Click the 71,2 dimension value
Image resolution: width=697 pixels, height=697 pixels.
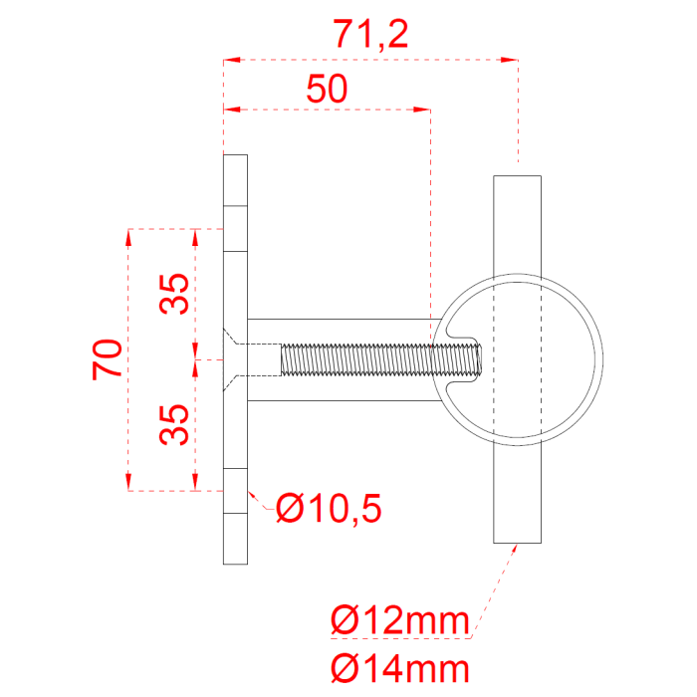coord(371,35)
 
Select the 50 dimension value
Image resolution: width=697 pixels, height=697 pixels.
coord(328,89)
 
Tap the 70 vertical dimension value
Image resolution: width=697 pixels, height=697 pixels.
coord(108,359)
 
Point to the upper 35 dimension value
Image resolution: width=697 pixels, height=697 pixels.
coord(174,294)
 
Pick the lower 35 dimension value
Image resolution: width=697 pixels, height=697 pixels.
coord(174,424)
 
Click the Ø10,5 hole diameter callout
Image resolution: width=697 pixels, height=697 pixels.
coord(329,508)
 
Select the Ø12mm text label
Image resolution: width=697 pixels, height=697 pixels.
coord(400,620)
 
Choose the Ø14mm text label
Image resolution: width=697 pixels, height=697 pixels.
coord(400,668)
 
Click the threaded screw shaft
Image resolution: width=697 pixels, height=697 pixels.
coord(380,359)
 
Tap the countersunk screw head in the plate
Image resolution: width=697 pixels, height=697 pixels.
coord(231,359)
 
